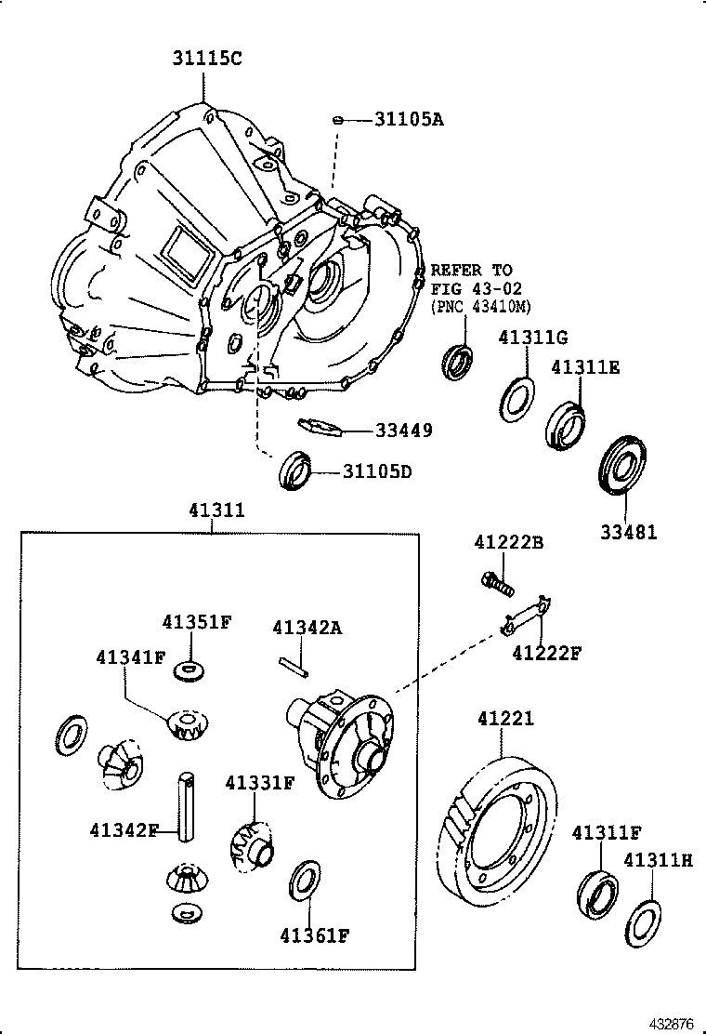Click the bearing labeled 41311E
[566, 423]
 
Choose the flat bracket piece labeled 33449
[320, 427]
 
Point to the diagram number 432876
[670, 1024]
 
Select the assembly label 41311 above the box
[216, 510]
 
